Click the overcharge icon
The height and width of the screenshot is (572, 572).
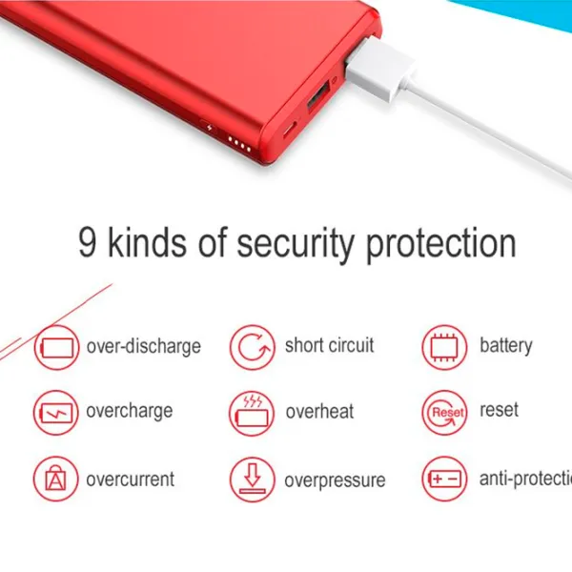57,413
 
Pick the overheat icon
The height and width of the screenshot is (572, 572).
252,413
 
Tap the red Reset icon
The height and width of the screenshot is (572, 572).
445,413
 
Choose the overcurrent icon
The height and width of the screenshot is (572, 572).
57,480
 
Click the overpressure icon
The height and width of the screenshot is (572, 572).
252,480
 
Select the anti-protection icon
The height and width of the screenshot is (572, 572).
445,480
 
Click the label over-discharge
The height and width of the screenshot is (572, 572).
143,346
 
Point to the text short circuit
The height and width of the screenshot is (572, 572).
329,345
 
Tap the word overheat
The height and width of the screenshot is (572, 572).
319,412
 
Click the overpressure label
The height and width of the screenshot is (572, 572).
335,480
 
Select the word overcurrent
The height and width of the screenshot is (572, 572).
131,479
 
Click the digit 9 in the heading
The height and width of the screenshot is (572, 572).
88,241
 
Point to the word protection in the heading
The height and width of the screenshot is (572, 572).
440,242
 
